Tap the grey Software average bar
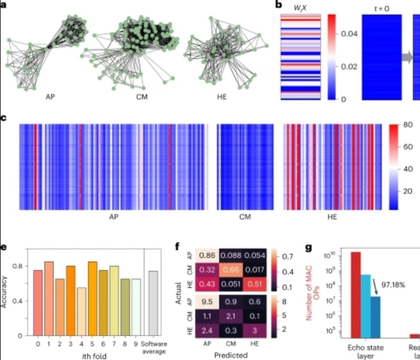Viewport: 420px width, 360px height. [x=153, y=303]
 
